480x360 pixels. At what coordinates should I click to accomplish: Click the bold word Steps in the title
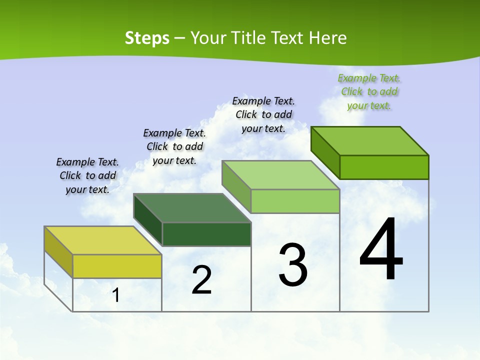(146, 38)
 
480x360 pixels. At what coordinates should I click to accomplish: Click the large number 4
(381, 250)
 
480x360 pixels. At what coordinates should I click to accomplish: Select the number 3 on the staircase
(293, 265)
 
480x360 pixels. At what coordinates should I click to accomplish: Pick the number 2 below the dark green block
(201, 280)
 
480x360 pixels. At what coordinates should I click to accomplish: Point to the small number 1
(116, 295)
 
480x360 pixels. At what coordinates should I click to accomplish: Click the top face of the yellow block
(102, 240)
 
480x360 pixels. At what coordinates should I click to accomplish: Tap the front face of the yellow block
(117, 266)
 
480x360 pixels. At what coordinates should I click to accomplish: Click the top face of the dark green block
(192, 208)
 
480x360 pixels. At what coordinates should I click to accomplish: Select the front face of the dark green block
(206, 234)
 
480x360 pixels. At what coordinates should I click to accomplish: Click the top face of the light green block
(281, 175)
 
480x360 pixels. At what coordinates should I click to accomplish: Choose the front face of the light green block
(295, 201)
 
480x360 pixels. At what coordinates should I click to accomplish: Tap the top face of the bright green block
(370, 141)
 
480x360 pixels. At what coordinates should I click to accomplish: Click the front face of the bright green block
(384, 167)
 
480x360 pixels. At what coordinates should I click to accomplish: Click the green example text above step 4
(369, 91)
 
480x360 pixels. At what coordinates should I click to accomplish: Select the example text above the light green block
(263, 114)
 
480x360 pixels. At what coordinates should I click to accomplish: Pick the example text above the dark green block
(174, 146)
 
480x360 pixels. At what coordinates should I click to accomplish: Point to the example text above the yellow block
(87, 175)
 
